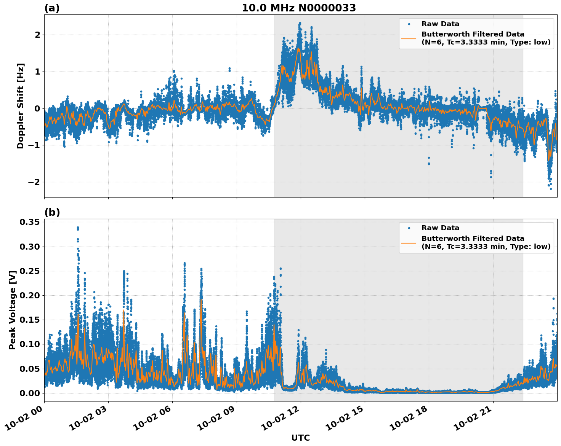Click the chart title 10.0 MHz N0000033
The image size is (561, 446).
(x=299, y=8)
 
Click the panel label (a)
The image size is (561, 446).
(x=52, y=8)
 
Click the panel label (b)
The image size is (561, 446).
(x=52, y=212)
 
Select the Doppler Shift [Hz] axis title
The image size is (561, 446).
(x=21, y=106)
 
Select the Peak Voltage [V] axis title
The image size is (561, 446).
(x=13, y=310)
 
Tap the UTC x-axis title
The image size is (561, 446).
(x=300, y=438)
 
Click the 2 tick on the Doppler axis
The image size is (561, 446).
(x=37, y=35)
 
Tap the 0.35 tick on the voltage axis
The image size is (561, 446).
(x=30, y=222)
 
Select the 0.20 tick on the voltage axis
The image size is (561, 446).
(x=30, y=295)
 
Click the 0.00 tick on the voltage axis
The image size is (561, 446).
(x=30, y=393)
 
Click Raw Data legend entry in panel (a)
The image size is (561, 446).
(x=440, y=24)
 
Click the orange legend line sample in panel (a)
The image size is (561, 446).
(x=409, y=38)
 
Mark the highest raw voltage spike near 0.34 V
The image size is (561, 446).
(x=78, y=228)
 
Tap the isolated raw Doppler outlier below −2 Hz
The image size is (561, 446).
(x=550, y=188)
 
